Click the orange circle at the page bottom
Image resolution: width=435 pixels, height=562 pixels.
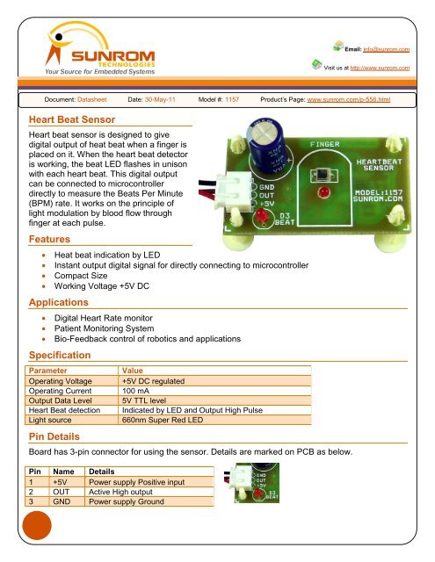coord(37,536)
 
